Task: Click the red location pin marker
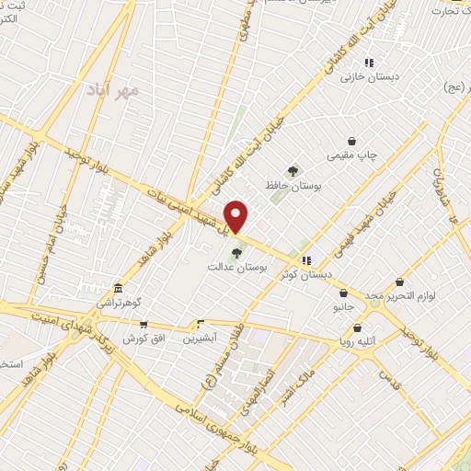pyautogui.click(x=237, y=215)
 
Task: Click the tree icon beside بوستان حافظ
pyautogui.click(x=292, y=170)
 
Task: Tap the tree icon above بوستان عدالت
pyautogui.click(x=237, y=251)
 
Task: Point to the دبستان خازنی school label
pyautogui.click(x=367, y=77)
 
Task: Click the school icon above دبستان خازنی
pyautogui.click(x=368, y=63)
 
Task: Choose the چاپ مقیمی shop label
pyautogui.click(x=355, y=155)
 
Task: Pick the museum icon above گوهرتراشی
pyautogui.click(x=117, y=287)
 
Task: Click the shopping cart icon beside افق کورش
pyautogui.click(x=144, y=324)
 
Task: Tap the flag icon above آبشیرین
pyautogui.click(x=200, y=324)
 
